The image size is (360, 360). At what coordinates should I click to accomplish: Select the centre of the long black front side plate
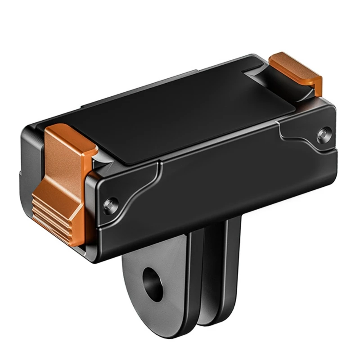click(x=216, y=180)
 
